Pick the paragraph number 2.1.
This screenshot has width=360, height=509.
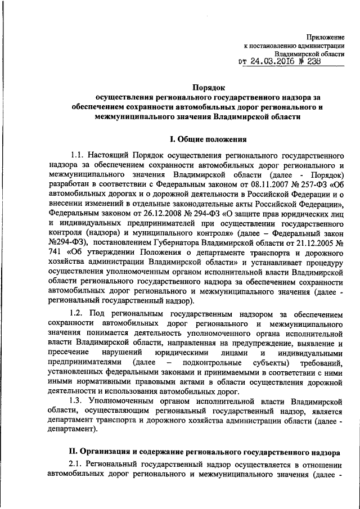click(x=76, y=463)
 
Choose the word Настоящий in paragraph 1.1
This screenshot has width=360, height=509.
click(x=107, y=154)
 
